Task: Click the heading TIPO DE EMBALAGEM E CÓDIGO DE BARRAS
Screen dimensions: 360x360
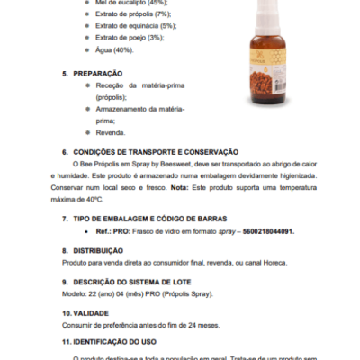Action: [150, 219]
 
